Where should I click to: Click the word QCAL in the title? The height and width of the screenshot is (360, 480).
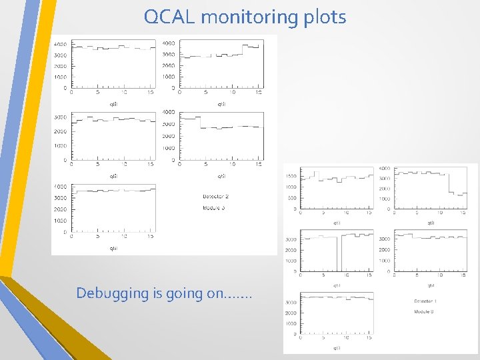click(170, 17)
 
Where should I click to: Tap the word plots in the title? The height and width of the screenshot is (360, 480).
click(325, 17)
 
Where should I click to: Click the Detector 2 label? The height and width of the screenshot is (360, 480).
click(215, 197)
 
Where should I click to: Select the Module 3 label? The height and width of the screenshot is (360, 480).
click(214, 208)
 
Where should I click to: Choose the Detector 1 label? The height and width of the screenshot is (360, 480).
click(425, 301)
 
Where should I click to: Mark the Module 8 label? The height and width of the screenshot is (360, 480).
click(424, 311)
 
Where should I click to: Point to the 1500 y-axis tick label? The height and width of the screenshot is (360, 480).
click(291, 176)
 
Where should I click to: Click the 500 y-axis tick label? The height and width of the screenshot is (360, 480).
click(293, 197)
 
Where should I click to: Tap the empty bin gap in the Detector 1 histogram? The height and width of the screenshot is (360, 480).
click(339, 253)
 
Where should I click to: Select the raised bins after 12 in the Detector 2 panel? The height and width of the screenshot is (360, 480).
click(250, 47)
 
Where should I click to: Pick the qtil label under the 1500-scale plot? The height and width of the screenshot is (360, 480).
click(337, 223)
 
